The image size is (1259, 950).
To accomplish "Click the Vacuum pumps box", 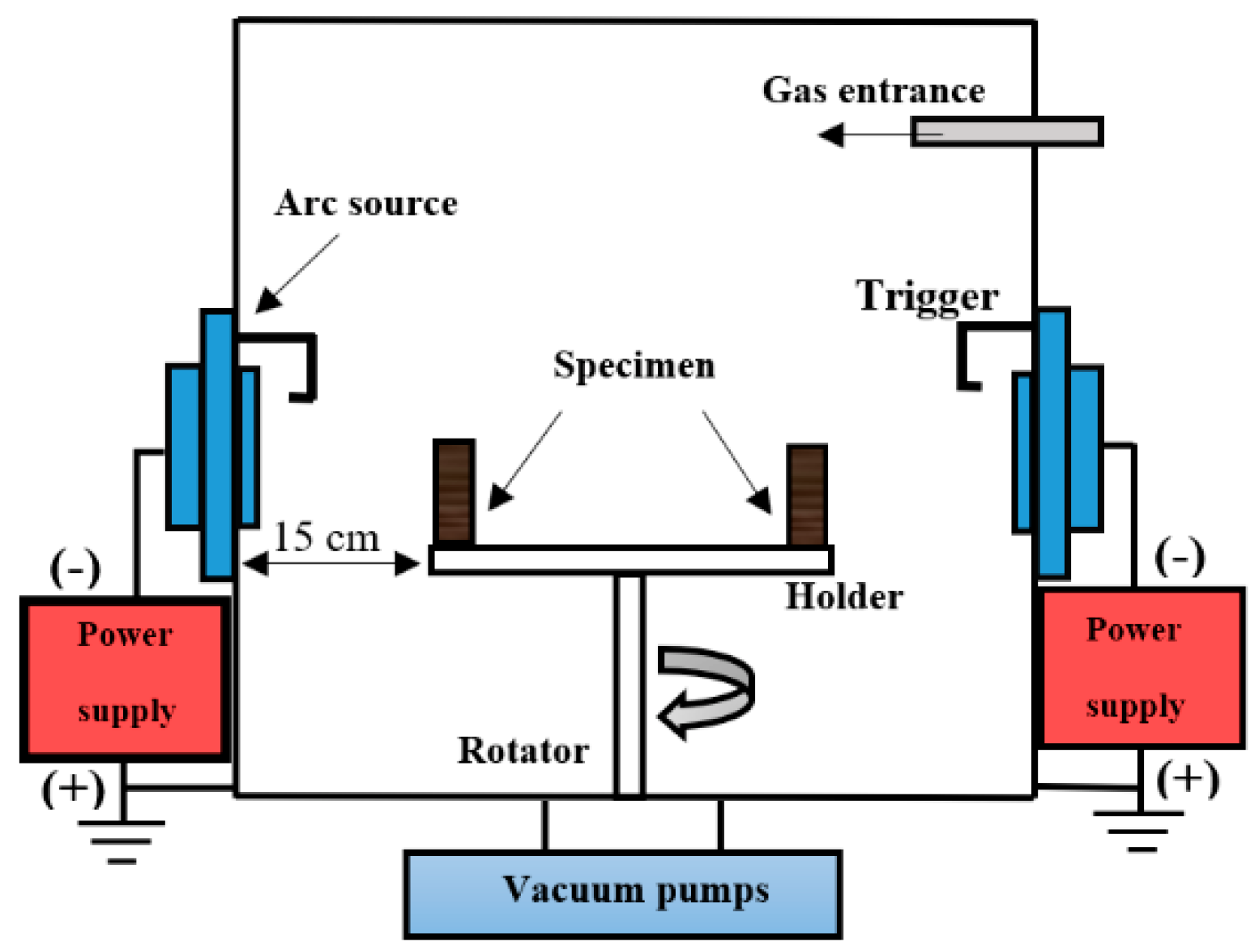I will [x=622, y=894].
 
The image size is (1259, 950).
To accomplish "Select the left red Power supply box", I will [x=125, y=678].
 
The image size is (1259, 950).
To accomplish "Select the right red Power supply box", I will [x=1141, y=667].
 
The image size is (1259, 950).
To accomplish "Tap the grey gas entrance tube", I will [x=1006, y=132].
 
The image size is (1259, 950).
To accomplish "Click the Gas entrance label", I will [x=873, y=90].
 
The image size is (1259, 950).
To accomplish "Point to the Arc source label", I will [x=366, y=203].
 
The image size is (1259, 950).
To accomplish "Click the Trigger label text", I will [x=927, y=296].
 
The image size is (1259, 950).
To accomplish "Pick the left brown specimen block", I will [x=454, y=492].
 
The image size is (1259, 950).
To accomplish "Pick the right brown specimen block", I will [x=807, y=495].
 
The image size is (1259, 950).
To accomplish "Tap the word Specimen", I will [x=634, y=366].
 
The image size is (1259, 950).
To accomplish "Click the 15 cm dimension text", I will [x=326, y=537].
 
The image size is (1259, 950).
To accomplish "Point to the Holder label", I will [x=843, y=597].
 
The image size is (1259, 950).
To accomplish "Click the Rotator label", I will [x=523, y=751].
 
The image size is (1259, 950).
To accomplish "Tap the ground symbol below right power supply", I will [x=1142, y=830].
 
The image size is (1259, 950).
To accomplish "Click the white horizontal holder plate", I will [x=631, y=560].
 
